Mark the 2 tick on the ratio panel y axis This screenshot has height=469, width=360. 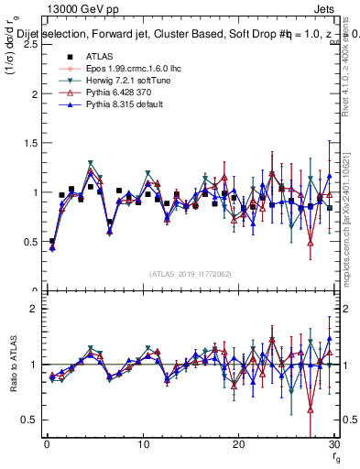(32, 309)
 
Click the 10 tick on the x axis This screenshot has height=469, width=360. (143, 444)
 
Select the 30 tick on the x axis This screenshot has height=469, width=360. (334, 444)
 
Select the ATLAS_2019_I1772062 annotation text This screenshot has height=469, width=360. (191, 273)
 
